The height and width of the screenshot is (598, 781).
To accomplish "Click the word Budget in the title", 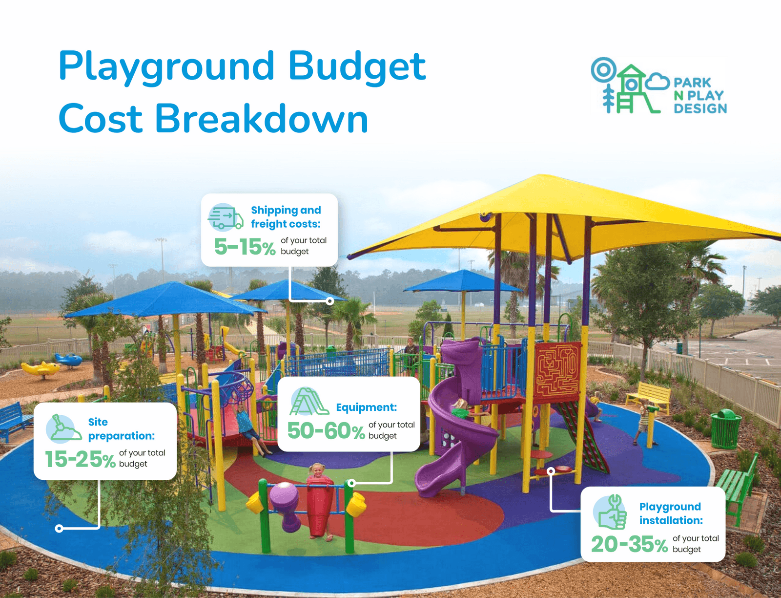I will click(357, 67).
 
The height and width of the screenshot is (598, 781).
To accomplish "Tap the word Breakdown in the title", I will click(262, 119).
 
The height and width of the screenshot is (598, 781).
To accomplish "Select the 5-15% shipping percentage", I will click(245, 247).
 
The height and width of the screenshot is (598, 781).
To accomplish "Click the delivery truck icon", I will click(225, 217).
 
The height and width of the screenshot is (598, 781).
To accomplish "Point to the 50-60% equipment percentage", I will click(326, 431).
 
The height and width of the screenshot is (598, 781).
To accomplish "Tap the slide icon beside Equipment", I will click(308, 402).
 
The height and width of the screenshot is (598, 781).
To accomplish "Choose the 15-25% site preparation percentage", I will click(80, 459).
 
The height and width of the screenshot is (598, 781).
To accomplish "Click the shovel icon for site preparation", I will click(63, 428).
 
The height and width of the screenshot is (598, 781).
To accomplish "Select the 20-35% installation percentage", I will click(629, 544).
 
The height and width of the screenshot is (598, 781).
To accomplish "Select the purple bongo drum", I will click(287, 503).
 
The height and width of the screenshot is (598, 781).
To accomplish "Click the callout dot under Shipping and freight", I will click(330, 301).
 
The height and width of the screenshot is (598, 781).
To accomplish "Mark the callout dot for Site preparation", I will click(59, 528).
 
